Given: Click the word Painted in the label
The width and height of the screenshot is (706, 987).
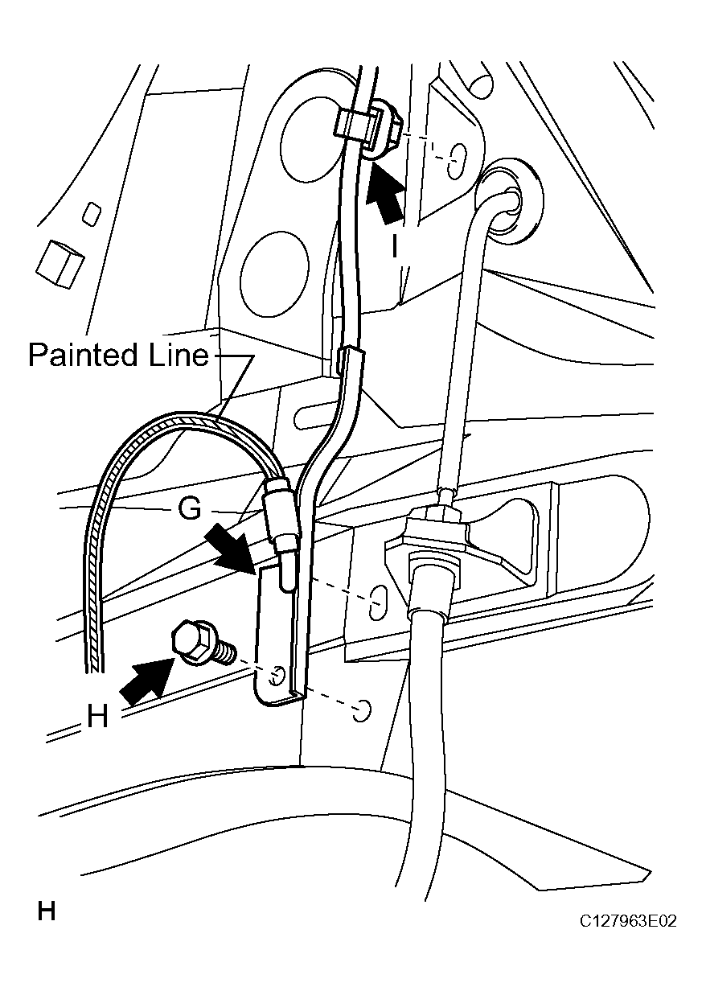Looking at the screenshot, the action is (x=83, y=355).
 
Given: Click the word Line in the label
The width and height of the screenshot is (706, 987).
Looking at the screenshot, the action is (x=179, y=355).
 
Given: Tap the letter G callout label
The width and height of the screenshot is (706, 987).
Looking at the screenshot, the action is (x=190, y=508).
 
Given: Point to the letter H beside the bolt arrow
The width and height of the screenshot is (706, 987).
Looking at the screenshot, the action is (x=97, y=717).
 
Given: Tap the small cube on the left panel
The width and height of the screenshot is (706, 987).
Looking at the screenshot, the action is (x=60, y=265).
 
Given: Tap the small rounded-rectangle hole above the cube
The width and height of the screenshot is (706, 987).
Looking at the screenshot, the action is (x=92, y=214).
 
